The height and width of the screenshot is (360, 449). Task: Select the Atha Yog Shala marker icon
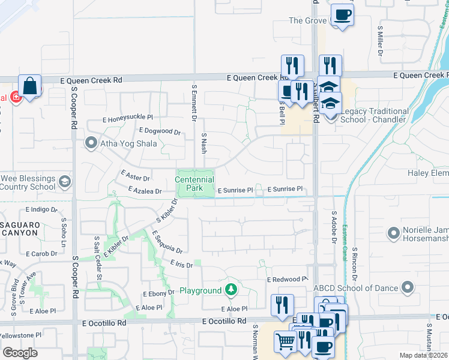coord(91,143)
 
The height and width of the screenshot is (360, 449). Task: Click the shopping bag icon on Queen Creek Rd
coord(29,86)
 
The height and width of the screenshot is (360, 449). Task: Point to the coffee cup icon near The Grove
coord(342,14)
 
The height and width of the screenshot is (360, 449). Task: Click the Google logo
coord(20,352)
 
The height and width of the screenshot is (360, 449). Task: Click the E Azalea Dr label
coord(145,191)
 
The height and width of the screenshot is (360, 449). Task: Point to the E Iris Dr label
coord(181,264)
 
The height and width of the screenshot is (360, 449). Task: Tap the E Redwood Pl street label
coord(287,280)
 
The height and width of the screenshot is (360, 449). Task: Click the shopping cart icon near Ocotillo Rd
coord(285,341)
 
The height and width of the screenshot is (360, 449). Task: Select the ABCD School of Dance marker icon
coord(408,288)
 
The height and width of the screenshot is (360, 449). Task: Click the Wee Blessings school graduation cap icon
coord(64,181)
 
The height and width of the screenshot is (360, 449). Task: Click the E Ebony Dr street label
coord(158,293)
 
